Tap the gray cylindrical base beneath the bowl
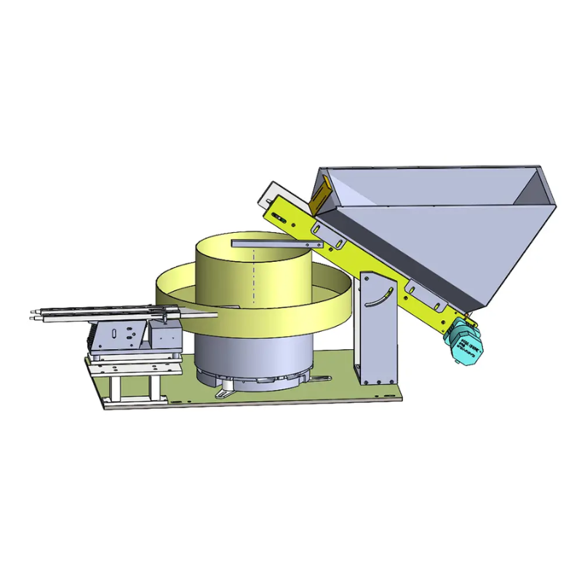[x=251, y=356]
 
